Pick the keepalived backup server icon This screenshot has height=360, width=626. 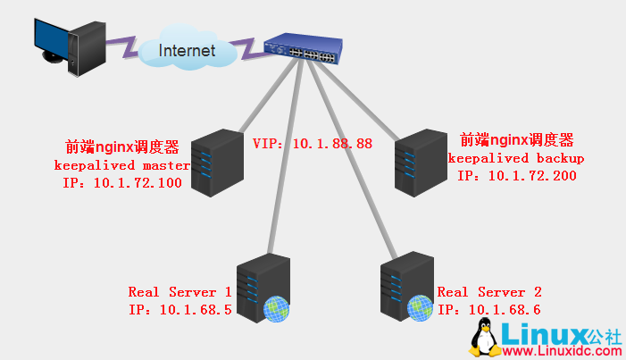[420, 162]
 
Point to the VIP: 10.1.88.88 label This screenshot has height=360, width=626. [312, 143]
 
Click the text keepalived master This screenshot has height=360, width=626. [122, 165]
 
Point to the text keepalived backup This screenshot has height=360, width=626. [516, 158]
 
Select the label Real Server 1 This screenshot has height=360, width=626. [179, 292]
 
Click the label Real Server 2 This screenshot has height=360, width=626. [489, 292]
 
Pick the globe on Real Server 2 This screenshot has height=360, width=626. [420, 308]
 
